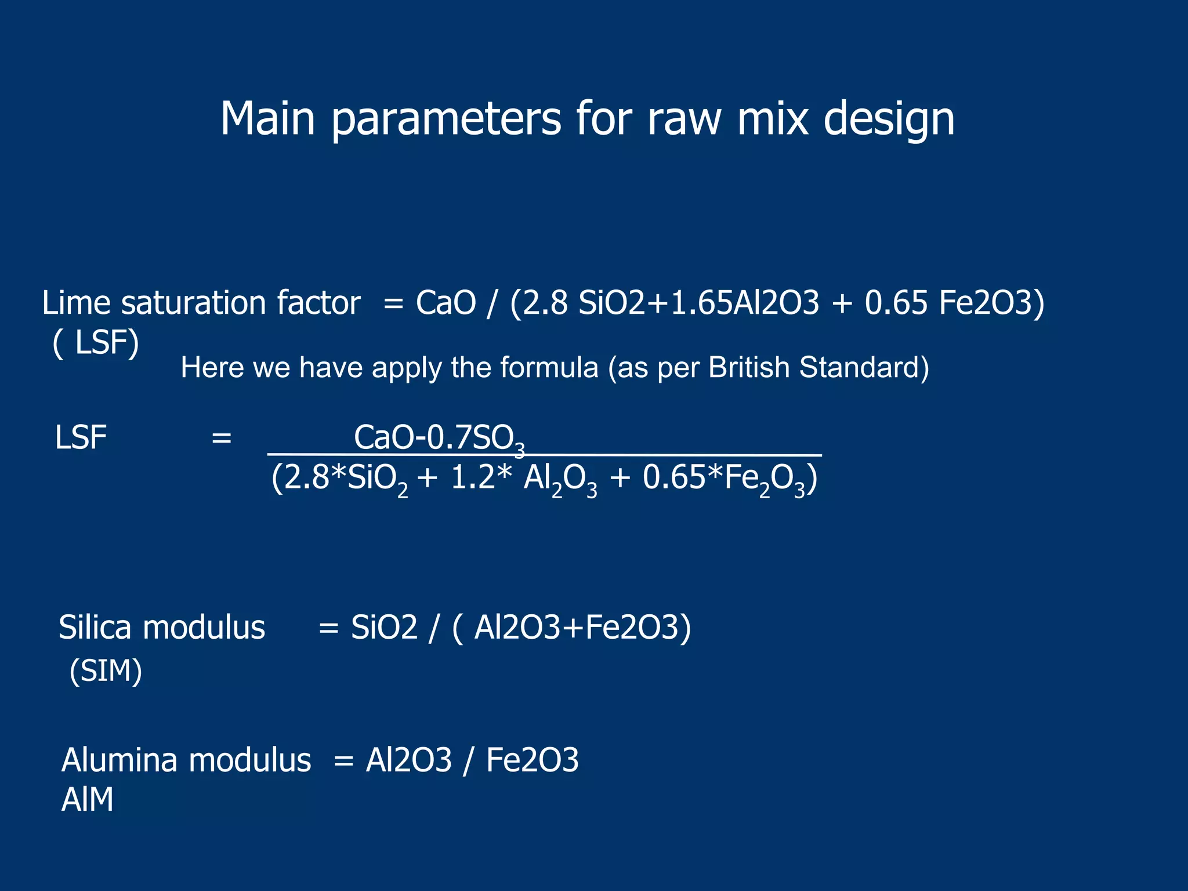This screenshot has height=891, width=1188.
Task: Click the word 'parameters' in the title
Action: tap(445, 120)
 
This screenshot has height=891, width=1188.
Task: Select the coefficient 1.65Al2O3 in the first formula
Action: tap(745, 303)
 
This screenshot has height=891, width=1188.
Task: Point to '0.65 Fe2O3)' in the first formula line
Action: tap(954, 303)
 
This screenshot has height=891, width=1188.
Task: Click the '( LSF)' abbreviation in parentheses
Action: tap(96, 343)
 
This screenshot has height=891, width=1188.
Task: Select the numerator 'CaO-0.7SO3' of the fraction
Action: tap(439, 438)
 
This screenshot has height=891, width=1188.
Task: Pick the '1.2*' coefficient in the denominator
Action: tap(481, 479)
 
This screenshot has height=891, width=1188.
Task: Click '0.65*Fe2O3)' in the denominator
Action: tap(729, 480)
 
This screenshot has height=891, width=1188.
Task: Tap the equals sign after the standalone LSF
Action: tap(221, 439)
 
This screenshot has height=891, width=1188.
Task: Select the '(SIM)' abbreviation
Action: tap(105, 672)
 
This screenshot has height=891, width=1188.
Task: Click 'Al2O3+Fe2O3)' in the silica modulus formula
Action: tap(582, 628)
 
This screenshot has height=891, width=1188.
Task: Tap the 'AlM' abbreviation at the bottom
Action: tap(87, 800)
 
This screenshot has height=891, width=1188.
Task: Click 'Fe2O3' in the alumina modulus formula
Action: tap(532, 760)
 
